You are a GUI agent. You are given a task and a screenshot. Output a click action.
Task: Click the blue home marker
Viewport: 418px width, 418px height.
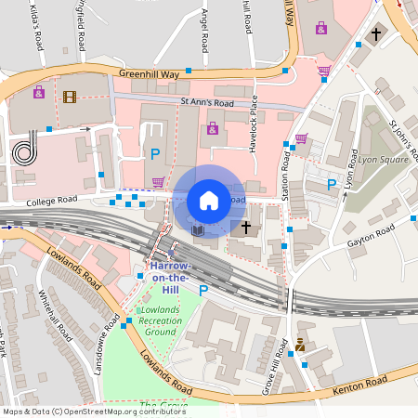tap(209, 201)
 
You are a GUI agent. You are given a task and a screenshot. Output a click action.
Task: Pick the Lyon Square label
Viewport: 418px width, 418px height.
tap(384, 160)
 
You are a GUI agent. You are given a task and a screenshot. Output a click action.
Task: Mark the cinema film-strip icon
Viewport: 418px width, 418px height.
tap(70, 96)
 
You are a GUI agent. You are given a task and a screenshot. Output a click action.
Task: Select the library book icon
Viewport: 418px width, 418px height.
tap(197, 229)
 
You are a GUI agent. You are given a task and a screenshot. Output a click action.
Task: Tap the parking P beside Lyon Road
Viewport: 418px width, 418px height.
tap(332, 184)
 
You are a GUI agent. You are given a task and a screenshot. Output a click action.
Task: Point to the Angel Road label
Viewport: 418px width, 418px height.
tap(205, 28)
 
